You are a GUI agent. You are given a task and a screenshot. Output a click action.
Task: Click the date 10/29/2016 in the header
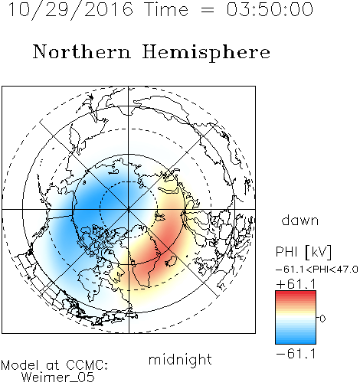(70, 10)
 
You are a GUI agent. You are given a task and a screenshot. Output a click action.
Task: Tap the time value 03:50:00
(270, 9)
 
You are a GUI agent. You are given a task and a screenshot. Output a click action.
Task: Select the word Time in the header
(166, 9)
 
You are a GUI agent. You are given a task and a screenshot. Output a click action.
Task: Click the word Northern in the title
(82, 51)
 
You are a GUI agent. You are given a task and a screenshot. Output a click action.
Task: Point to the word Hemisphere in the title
(206, 53)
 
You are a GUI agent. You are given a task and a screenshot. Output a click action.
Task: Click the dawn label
(300, 220)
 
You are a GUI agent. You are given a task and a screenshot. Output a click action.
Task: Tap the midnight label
(180, 359)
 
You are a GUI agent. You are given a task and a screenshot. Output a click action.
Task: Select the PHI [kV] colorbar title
(303, 252)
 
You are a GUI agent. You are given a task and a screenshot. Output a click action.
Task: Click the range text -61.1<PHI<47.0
(317, 270)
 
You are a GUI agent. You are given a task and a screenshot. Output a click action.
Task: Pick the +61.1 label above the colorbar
(296, 284)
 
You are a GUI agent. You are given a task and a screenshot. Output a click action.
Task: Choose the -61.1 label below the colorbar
(296, 354)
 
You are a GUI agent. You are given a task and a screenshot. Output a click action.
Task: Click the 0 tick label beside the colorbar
(322, 319)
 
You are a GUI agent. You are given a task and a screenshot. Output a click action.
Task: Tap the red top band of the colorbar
(296, 293)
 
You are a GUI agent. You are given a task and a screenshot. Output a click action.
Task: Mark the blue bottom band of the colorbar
(296, 341)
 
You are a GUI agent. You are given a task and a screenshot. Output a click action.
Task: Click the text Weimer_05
(58, 378)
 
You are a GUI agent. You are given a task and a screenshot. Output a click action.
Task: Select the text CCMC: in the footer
(87, 365)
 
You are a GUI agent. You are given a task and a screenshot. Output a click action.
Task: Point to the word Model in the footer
(20, 365)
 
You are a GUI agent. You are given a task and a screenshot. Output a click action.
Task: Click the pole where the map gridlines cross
(129, 210)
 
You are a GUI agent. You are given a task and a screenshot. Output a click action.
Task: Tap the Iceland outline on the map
(171, 261)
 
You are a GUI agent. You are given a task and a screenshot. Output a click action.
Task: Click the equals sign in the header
(208, 10)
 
